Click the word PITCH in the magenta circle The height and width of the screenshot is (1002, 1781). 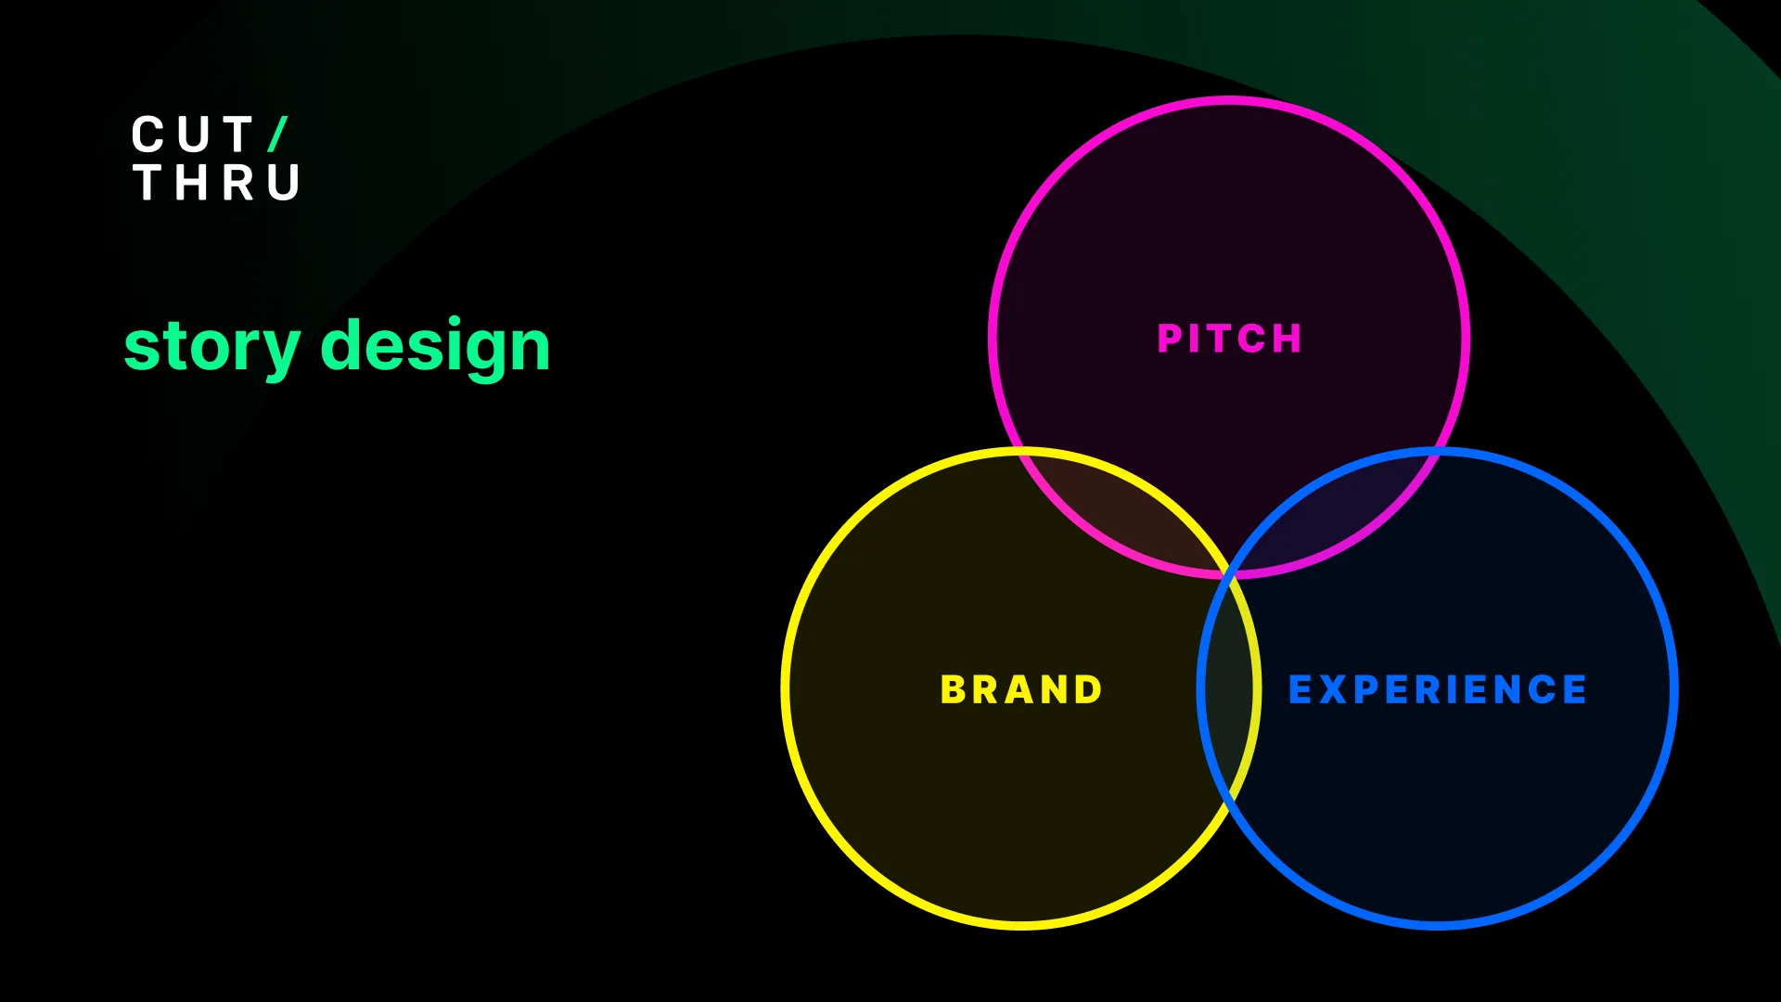pos(1229,339)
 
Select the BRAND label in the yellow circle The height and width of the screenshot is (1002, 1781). pos(1021,689)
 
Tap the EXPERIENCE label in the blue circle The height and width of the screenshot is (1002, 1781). pos(1438,689)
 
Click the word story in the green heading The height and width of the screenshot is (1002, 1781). pos(212,347)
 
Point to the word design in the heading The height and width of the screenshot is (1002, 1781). pos(435,347)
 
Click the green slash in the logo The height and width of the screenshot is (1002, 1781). pos(278,135)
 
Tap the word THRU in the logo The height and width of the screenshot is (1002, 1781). pos(216,182)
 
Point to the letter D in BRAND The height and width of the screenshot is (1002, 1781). pos(1088,689)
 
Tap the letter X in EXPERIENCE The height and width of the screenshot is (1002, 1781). pos(1333,689)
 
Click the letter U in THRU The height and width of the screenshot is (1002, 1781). pos(284,182)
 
